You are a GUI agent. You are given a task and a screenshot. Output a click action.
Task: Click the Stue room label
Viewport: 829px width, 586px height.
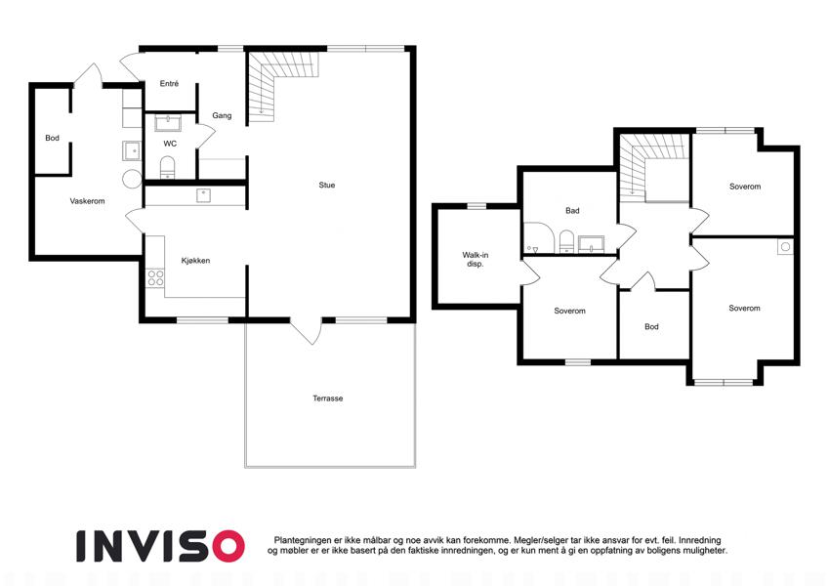327,186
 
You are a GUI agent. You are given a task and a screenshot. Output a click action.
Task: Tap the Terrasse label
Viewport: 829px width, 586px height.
328,398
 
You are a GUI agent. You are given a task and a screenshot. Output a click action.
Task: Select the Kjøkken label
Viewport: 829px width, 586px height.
195,261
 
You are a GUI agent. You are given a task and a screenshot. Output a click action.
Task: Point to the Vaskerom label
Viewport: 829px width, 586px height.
87,201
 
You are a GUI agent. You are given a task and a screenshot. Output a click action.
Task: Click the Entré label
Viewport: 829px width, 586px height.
169,84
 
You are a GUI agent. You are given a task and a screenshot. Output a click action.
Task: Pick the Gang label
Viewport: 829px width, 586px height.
222,115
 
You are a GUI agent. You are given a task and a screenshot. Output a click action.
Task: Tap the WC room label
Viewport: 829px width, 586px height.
170,144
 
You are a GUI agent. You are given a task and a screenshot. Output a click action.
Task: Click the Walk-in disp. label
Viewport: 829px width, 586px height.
476,259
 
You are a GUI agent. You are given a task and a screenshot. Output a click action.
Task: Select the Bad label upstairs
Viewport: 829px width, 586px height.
572,211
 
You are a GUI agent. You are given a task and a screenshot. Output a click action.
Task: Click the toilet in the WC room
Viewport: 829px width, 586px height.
168,167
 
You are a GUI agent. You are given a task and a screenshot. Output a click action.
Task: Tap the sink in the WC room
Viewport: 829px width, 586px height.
168,123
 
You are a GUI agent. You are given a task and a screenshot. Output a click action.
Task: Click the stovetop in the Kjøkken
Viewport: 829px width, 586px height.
155,278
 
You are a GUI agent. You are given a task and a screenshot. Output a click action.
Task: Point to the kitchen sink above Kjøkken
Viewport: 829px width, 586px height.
204,195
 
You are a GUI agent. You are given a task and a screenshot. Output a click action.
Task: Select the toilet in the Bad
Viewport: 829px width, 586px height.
566,241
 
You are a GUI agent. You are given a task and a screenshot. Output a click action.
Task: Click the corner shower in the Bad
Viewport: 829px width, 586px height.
538,237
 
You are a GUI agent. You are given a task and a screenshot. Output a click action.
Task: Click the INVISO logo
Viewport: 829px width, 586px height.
160,546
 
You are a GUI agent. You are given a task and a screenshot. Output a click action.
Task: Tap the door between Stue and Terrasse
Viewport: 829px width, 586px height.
306,329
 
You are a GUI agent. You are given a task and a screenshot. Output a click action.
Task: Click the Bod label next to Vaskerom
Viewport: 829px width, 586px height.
53,138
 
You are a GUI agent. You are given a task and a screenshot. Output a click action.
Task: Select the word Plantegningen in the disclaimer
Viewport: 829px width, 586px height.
303,540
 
